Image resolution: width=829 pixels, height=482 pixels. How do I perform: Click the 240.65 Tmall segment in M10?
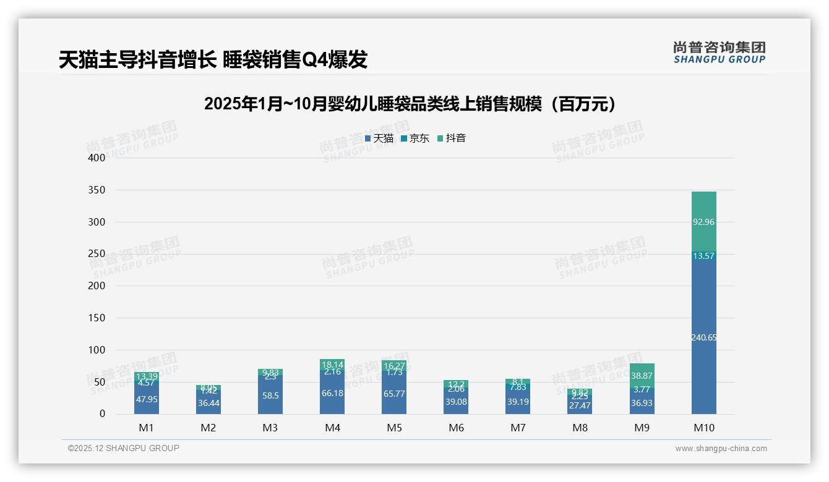[x=703, y=337]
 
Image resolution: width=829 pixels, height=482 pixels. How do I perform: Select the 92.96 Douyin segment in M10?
[x=703, y=222]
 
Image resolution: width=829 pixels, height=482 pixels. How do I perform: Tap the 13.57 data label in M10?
[x=703, y=256]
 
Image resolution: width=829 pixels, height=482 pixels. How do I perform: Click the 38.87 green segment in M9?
[x=642, y=376]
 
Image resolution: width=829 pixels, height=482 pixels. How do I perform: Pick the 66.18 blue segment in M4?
[x=332, y=393]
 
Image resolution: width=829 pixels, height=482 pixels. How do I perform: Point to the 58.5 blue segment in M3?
[x=270, y=395]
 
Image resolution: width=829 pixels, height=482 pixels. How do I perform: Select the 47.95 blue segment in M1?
[x=147, y=399]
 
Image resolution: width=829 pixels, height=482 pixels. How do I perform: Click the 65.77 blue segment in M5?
[x=394, y=393]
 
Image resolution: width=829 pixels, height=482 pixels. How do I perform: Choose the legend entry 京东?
[x=415, y=138]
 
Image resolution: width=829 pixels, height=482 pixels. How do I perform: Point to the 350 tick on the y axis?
[x=97, y=190]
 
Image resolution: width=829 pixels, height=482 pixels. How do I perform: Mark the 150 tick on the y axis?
[x=97, y=318]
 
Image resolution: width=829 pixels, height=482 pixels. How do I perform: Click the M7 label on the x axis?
[x=518, y=428]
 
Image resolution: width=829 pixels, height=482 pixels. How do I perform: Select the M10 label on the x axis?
[x=703, y=428]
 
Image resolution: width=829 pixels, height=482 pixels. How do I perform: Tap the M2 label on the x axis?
[x=208, y=428]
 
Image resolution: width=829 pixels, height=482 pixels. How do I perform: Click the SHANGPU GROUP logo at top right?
[x=719, y=53]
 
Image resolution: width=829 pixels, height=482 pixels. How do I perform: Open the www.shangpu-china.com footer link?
[x=721, y=449]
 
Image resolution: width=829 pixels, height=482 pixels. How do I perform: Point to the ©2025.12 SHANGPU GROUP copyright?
[x=124, y=449]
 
